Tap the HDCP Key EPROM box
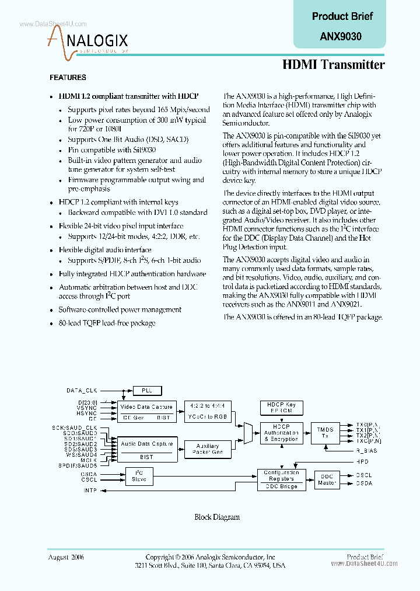click(x=282, y=407)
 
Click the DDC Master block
click(x=327, y=480)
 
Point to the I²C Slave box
click(x=139, y=476)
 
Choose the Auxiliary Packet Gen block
click(x=208, y=449)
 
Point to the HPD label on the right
click(x=362, y=461)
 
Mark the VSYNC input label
click(x=87, y=408)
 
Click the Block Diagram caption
click(x=216, y=517)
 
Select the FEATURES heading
click(x=68, y=78)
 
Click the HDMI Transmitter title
click(x=333, y=65)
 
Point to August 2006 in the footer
click(x=66, y=558)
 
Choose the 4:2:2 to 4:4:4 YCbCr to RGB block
click(x=208, y=411)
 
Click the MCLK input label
click(x=89, y=460)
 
